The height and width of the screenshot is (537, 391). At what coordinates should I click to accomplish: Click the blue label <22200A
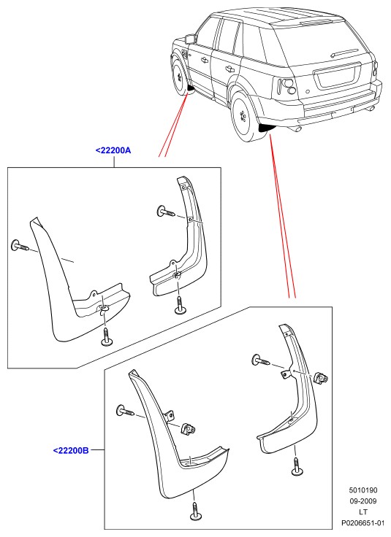113,150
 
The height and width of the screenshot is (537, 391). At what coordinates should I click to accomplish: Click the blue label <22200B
71,450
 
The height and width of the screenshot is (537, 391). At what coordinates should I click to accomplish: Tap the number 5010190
363,490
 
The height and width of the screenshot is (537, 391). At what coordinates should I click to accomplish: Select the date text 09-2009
363,501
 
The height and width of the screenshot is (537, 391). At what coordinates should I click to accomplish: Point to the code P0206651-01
363,523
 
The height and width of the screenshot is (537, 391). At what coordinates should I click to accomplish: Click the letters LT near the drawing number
363,512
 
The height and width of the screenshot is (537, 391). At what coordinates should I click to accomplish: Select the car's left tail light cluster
286,86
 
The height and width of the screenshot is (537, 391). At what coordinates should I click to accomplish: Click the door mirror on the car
189,38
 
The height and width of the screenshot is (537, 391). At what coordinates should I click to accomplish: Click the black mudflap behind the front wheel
191,90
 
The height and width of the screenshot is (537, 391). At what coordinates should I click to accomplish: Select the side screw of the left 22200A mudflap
20,246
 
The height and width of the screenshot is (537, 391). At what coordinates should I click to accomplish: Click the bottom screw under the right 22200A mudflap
180,305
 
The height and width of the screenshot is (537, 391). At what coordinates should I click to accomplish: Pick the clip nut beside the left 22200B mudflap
189,429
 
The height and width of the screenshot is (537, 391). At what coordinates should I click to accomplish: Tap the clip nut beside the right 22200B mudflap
321,377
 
